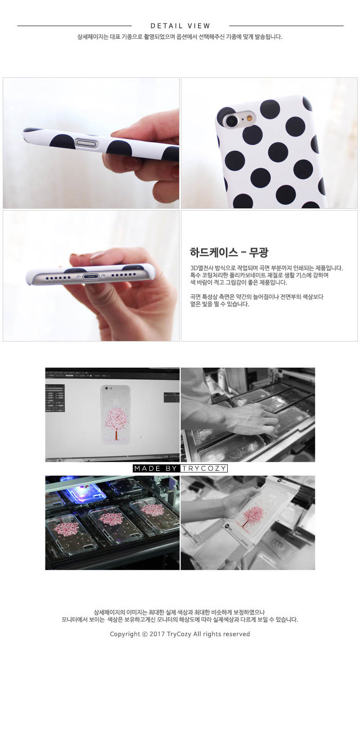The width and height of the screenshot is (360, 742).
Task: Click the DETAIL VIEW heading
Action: coord(180,26)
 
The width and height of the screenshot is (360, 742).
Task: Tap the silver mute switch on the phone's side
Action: coord(87,143)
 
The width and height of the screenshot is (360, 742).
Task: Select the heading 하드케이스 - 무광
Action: coord(229,252)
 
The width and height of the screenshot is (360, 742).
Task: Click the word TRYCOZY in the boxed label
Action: coord(204,468)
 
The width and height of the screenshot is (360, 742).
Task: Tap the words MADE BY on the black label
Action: coord(156,468)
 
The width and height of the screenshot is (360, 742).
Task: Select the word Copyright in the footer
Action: coord(125,634)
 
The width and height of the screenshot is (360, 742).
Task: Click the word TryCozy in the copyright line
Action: coord(179,634)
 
